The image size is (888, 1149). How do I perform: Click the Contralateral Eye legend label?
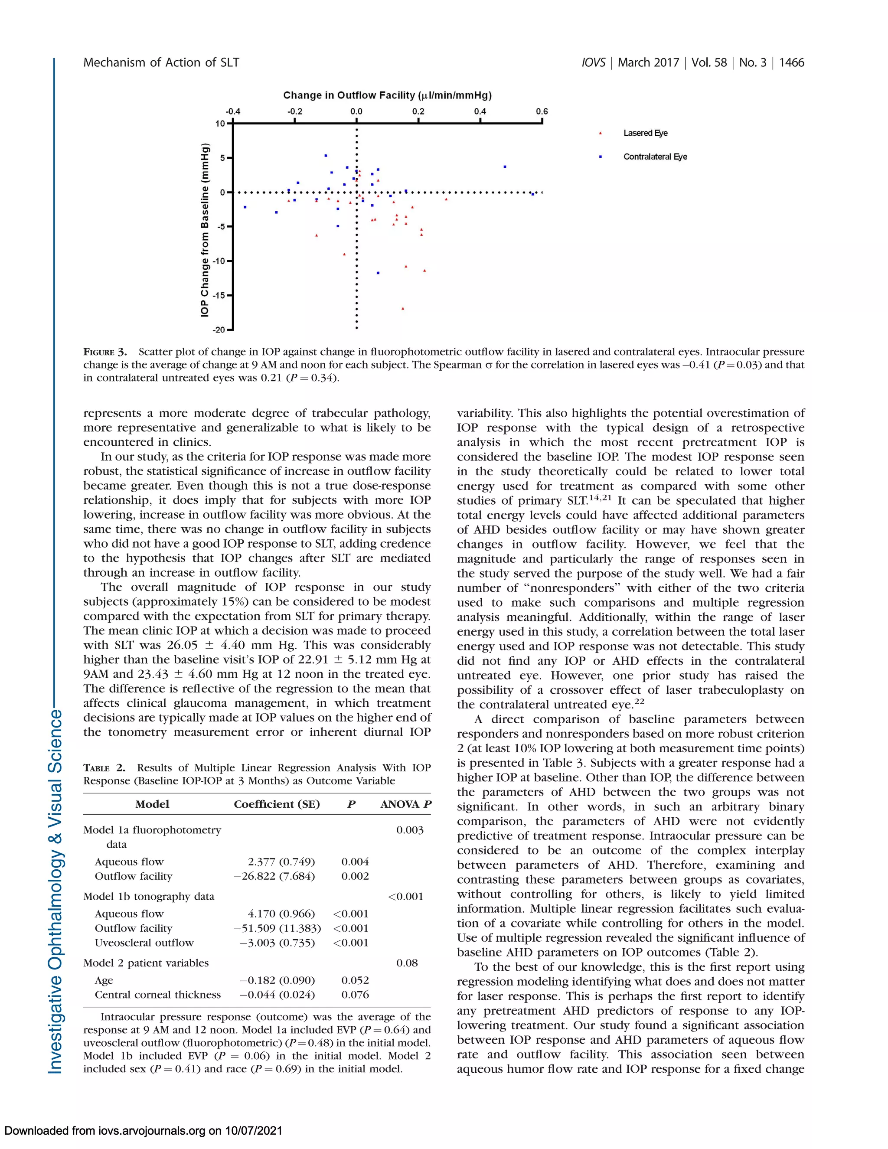click(x=655, y=157)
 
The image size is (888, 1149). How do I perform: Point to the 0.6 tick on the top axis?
click(x=542, y=111)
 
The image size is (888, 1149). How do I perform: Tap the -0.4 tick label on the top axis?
click(x=232, y=111)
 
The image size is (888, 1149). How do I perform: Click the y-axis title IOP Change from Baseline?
click(x=205, y=229)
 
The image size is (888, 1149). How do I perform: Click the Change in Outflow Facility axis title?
click(x=387, y=95)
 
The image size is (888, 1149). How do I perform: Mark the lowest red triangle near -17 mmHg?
click(x=403, y=309)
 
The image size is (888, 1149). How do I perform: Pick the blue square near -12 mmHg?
click(x=378, y=273)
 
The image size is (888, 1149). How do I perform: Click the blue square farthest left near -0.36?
click(x=245, y=207)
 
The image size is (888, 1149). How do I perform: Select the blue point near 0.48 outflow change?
click(x=505, y=167)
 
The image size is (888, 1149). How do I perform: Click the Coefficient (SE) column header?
click(x=277, y=804)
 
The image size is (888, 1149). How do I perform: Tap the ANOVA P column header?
click(x=405, y=804)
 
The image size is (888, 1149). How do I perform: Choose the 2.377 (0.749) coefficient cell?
click(x=281, y=862)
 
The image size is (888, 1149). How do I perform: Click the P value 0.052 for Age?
click(x=355, y=980)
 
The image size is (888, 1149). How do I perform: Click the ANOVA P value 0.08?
click(x=407, y=963)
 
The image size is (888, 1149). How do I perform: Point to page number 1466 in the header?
click(x=791, y=62)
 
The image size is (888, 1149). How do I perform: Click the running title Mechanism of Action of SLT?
click(x=161, y=62)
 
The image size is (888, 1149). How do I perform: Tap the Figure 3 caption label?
click(x=105, y=352)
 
